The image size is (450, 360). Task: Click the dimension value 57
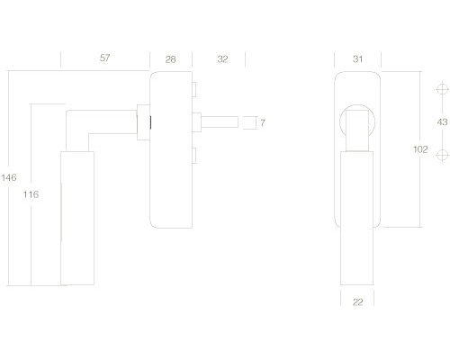(104, 58)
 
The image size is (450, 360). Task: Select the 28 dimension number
(171, 58)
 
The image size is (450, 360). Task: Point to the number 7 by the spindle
(263, 121)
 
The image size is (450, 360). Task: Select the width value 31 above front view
(358, 58)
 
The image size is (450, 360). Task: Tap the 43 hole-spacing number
(441, 121)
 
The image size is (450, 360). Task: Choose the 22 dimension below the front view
(358, 301)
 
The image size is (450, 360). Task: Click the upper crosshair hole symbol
(441, 89)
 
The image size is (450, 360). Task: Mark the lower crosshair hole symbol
(441, 155)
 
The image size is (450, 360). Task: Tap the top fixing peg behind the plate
(193, 87)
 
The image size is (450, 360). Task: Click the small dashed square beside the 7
(248, 121)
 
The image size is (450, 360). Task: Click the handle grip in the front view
(358, 216)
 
